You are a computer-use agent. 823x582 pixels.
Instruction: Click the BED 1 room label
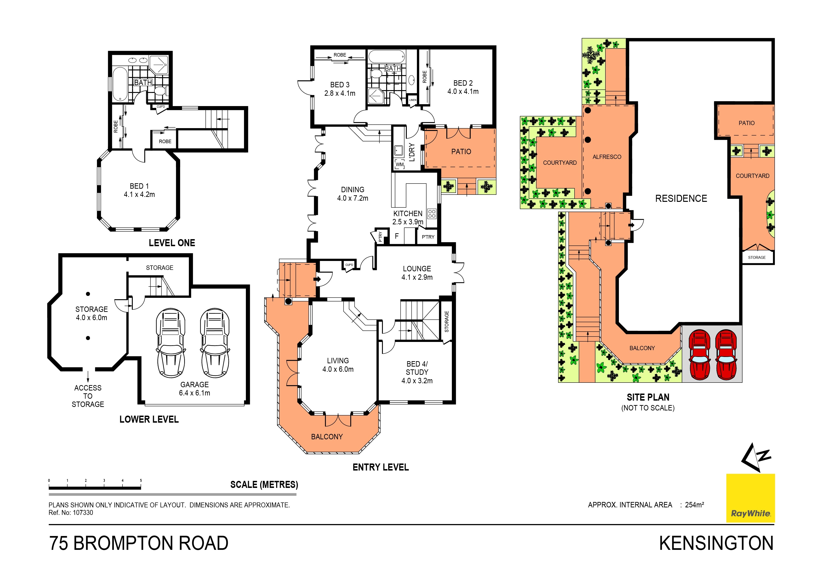139,190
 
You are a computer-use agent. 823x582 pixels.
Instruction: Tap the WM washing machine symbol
399,165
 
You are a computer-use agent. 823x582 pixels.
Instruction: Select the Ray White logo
750,498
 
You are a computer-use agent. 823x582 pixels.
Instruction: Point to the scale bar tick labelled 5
141,481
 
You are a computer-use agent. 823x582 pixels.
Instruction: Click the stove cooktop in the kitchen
432,214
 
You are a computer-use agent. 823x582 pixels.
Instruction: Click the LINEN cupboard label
413,100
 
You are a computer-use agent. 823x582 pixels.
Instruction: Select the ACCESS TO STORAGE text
88,396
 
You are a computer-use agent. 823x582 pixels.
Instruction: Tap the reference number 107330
83,513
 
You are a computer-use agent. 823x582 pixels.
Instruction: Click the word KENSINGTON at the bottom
716,544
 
